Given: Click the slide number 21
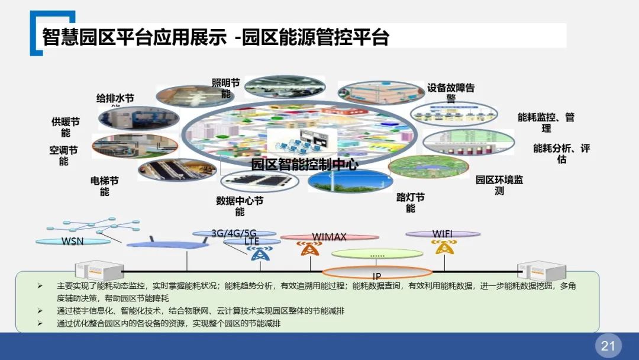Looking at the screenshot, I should (x=608, y=346).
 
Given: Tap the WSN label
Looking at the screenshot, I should (x=73, y=241).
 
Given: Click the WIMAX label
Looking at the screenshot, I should (x=329, y=237).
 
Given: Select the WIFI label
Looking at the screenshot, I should (x=443, y=234).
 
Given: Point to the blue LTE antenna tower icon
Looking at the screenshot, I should (x=258, y=253).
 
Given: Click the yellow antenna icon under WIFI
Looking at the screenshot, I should (x=442, y=247).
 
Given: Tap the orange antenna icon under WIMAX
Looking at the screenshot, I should (x=308, y=249).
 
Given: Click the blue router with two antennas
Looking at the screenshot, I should (x=156, y=243).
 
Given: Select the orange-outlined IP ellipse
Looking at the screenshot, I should (x=377, y=273).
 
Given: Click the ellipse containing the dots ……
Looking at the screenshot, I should (x=377, y=255).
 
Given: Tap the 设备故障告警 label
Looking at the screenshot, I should (x=451, y=93).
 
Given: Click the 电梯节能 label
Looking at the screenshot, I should (x=105, y=186).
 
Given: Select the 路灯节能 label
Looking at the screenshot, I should (x=410, y=203).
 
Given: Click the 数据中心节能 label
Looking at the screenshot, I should (x=240, y=206).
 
